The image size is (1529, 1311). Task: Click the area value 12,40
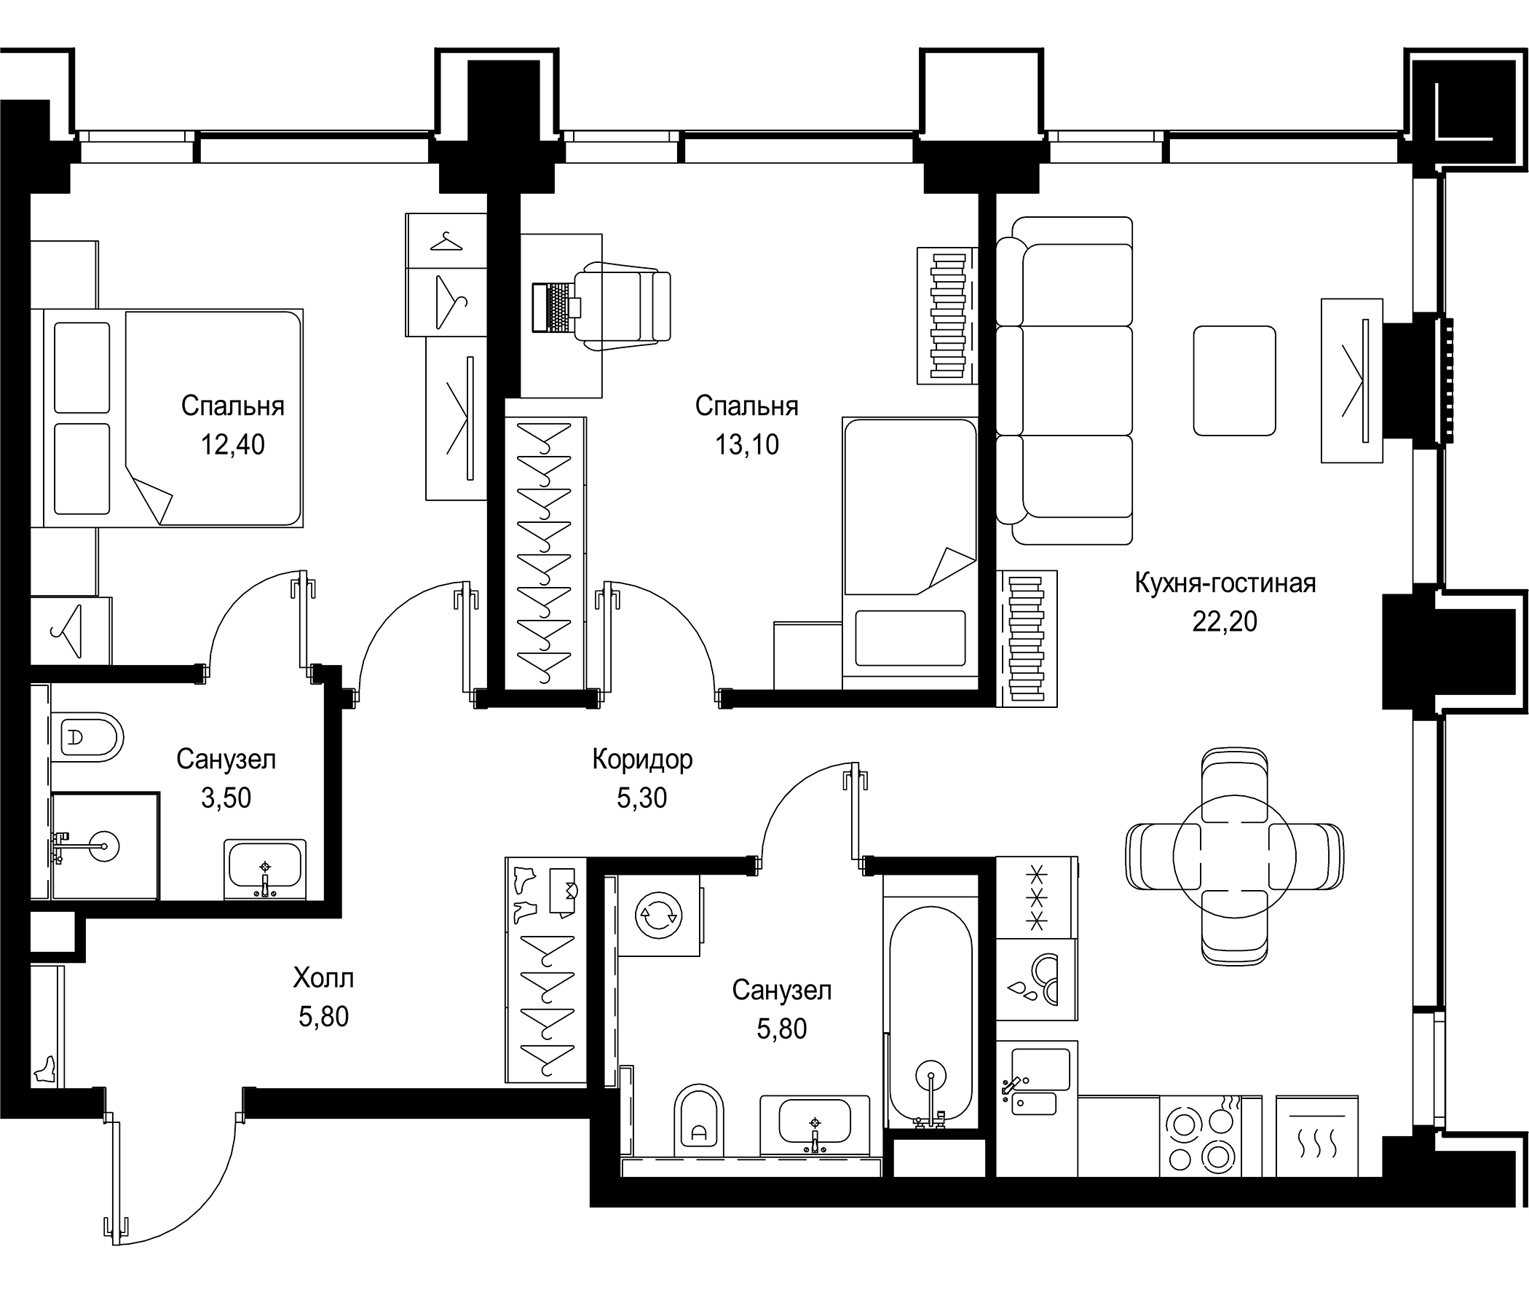tap(232, 444)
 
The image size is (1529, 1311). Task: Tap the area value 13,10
tap(746, 444)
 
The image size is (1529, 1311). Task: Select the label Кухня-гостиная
tap(1225, 583)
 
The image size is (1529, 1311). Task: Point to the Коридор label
tap(642, 759)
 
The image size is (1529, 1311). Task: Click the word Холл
tap(323, 978)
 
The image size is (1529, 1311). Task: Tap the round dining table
tap(1235, 857)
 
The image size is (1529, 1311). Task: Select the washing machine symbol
tap(658, 915)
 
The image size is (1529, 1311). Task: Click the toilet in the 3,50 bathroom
tap(87, 736)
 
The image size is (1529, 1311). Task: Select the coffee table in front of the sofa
tap(1235, 380)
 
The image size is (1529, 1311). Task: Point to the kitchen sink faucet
tap(1011, 1085)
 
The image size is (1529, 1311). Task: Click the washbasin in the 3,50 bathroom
tap(265, 867)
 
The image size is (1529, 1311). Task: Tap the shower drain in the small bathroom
tap(104, 846)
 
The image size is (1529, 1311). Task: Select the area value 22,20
tap(1225, 621)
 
